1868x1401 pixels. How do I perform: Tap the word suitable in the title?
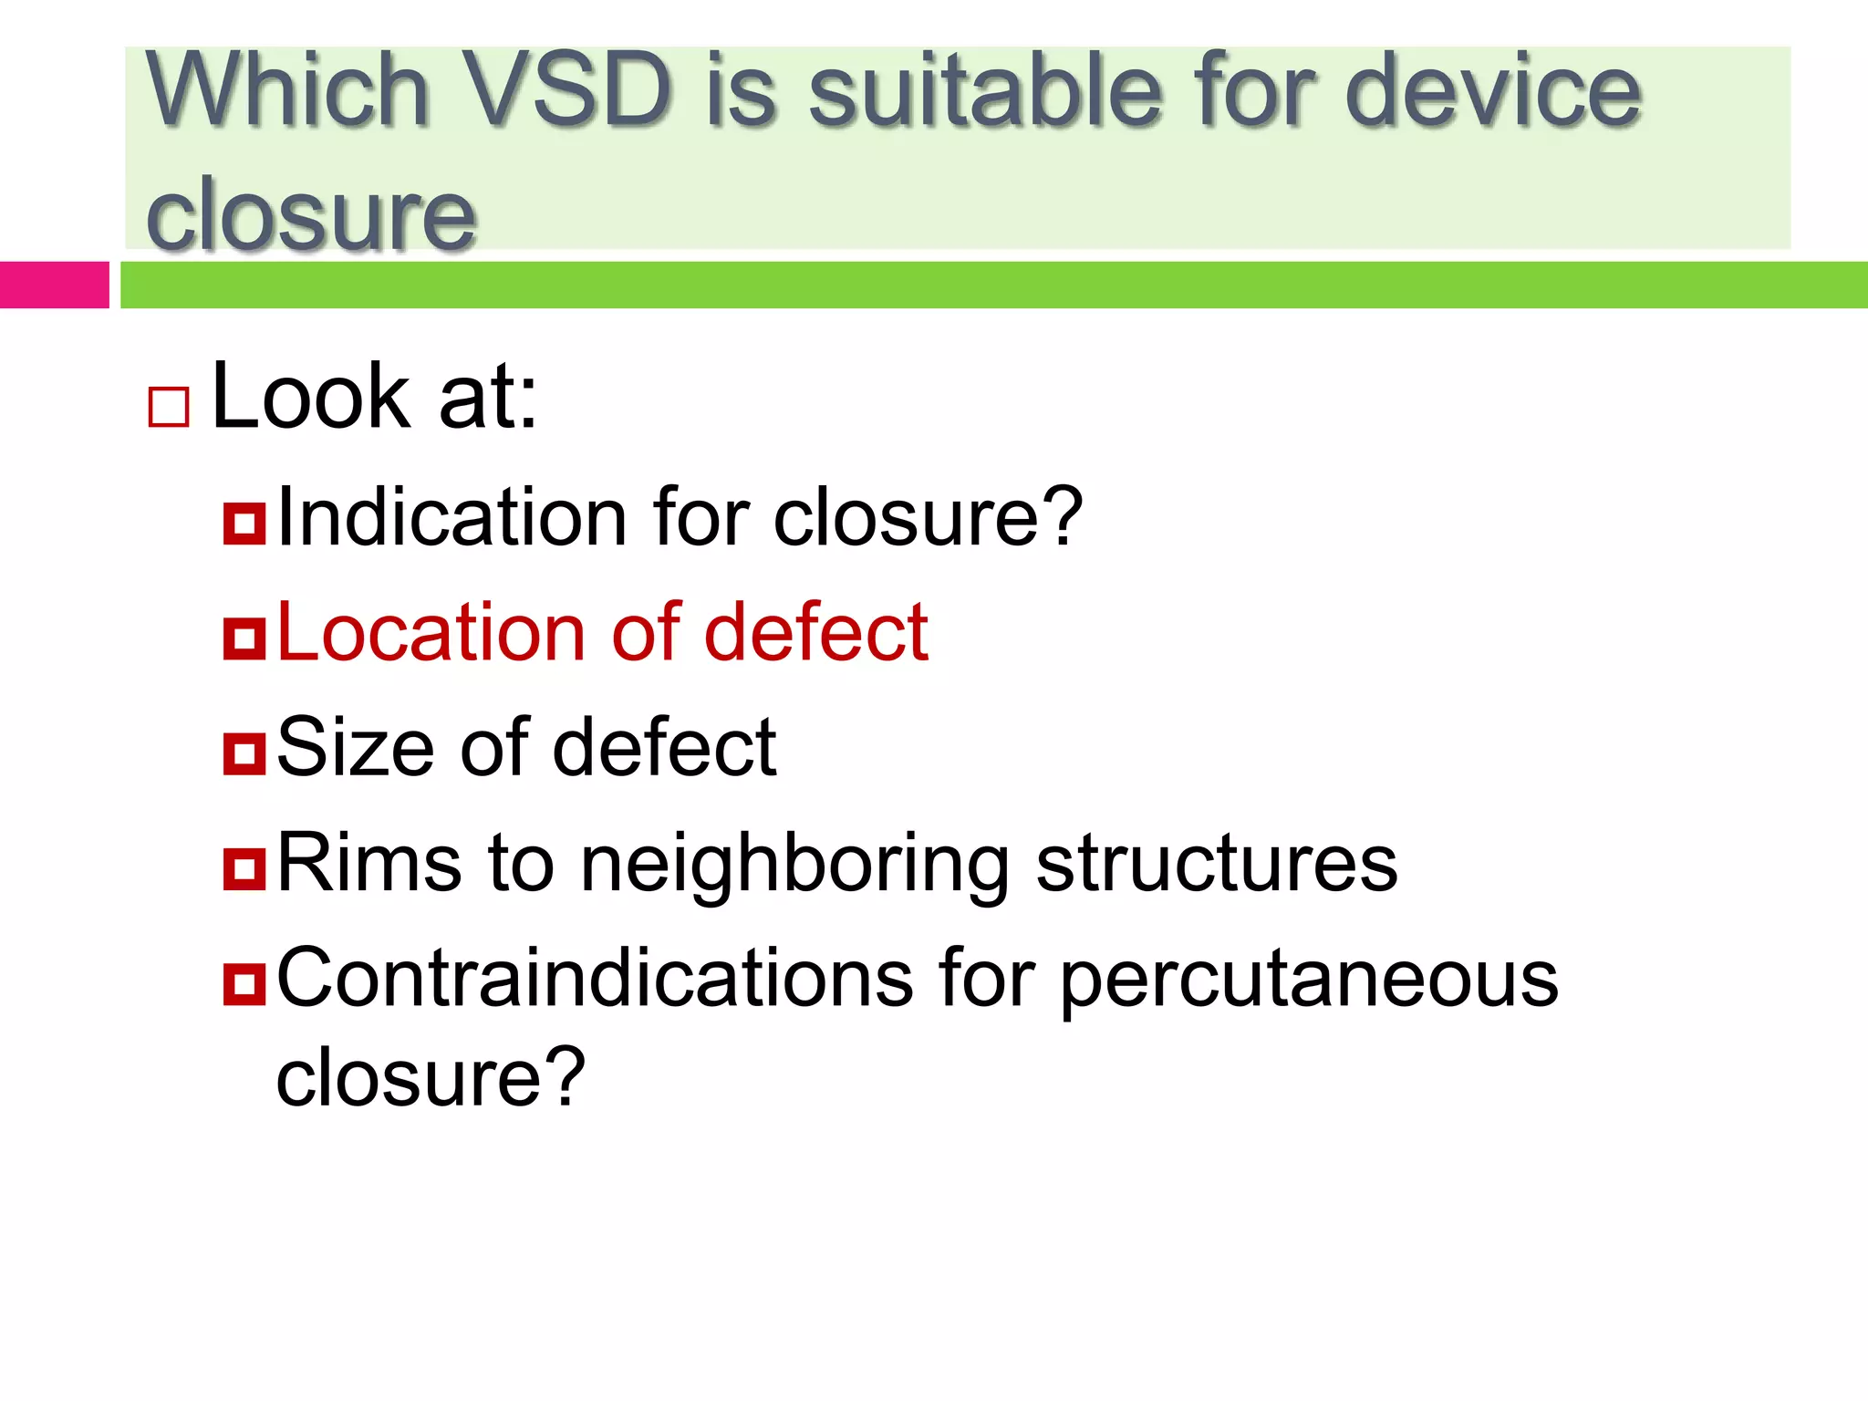click(x=985, y=89)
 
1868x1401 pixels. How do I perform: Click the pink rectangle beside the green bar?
click(x=54, y=285)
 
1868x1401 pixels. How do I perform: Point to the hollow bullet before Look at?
click(x=169, y=407)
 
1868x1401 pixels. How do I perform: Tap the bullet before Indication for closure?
click(x=244, y=524)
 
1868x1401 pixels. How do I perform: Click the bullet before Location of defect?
click(x=244, y=638)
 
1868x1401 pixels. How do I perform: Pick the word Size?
click(x=356, y=747)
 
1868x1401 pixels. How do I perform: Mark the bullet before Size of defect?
click(x=244, y=753)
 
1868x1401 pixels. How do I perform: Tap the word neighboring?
click(x=794, y=864)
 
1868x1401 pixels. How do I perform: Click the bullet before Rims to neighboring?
click(x=244, y=868)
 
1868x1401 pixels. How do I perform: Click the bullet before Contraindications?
click(x=244, y=983)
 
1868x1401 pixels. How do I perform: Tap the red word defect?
click(x=815, y=632)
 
